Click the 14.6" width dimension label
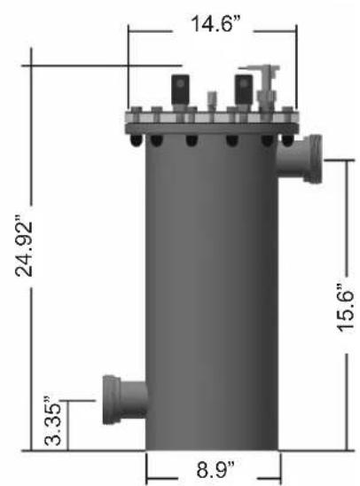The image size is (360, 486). coord(216,24)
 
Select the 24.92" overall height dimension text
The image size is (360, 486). coord(24,248)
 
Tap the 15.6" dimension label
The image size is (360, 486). coord(345,308)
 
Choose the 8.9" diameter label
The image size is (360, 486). coord(215,469)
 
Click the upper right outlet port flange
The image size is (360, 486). coord(314,160)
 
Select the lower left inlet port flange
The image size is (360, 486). coord(112,399)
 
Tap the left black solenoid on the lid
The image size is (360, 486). coord(180,90)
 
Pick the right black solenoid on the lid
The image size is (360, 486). coord(244,90)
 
